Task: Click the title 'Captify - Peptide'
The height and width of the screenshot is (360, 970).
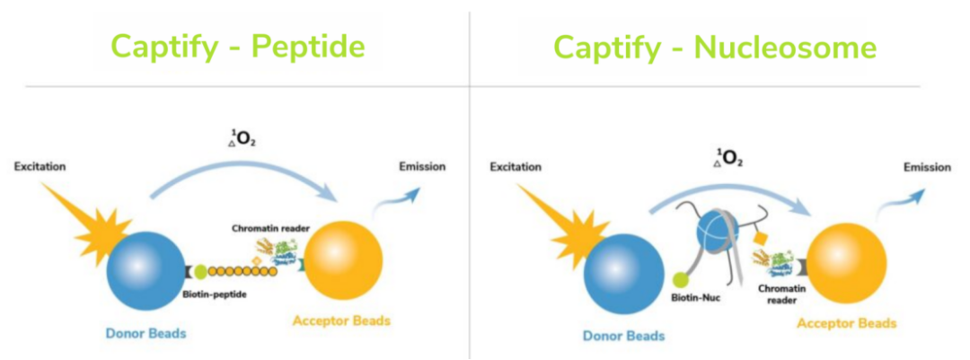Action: coord(237,48)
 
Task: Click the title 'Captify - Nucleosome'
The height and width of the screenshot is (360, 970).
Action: coord(715,48)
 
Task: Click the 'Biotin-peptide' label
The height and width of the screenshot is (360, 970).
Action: coord(216,294)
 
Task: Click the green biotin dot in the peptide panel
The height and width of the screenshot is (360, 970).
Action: coord(199,271)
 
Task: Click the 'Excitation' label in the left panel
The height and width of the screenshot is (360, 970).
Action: coord(40,166)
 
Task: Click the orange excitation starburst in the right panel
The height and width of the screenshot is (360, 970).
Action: coord(566,216)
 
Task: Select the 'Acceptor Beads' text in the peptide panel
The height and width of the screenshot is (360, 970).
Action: coord(341,321)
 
